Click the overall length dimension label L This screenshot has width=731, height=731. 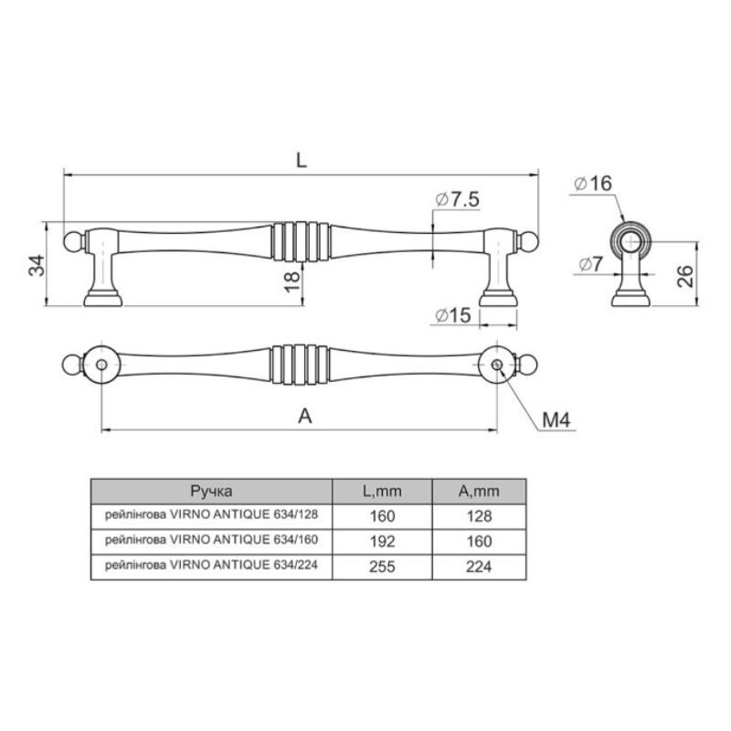pyautogui.click(x=302, y=161)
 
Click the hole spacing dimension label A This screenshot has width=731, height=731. pyautogui.click(x=305, y=416)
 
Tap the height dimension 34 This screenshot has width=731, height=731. pyautogui.click(x=37, y=266)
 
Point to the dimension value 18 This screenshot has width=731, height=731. pyautogui.click(x=292, y=282)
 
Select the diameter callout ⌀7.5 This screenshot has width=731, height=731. pyautogui.click(x=457, y=199)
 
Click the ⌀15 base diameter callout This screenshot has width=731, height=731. pyautogui.click(x=453, y=315)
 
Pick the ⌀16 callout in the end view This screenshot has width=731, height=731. pyautogui.click(x=593, y=184)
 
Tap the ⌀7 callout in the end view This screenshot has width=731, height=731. pyautogui.click(x=590, y=264)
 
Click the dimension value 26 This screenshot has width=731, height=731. pyautogui.click(x=685, y=276)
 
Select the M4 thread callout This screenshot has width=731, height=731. pyautogui.click(x=556, y=420)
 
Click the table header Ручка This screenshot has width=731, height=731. pyautogui.click(x=211, y=492)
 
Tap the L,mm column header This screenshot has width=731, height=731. pyautogui.click(x=382, y=492)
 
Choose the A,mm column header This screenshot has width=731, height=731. pyautogui.click(x=479, y=492)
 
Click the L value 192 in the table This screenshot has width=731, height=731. pyautogui.click(x=382, y=542)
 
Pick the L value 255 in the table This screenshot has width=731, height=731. pyautogui.click(x=382, y=567)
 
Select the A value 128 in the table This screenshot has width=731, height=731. pyautogui.click(x=479, y=516)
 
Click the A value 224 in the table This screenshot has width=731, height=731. pyautogui.click(x=479, y=567)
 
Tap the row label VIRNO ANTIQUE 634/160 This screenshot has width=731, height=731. pyautogui.click(x=243, y=540)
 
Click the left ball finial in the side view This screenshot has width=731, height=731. pyautogui.click(x=72, y=241)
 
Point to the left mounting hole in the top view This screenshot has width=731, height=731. pyautogui.click(x=101, y=365)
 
